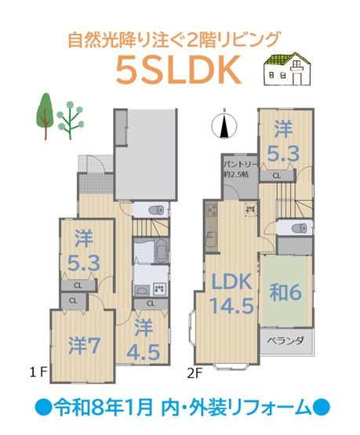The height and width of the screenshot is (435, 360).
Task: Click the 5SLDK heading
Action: pos(176,71)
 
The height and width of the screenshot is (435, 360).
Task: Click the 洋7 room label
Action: pos(82,346)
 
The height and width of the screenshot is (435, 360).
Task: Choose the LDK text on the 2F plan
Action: pos(230,282)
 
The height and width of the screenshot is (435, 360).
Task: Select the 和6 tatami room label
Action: pos(286,292)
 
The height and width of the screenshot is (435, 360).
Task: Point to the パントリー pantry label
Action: pos(236,165)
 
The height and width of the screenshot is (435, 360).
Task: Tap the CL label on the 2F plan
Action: pos(277,176)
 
